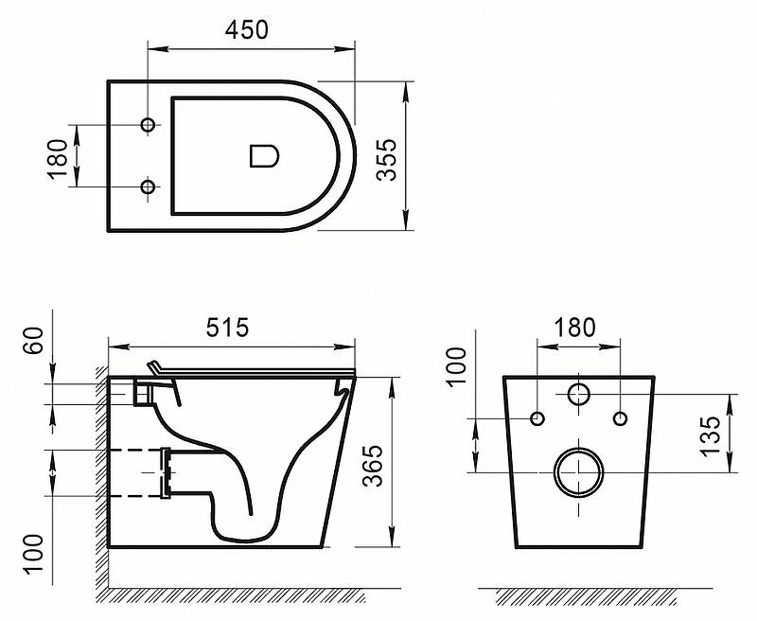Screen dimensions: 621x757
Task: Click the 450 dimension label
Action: pos(246,28)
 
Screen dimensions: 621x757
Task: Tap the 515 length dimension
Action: pos(227,327)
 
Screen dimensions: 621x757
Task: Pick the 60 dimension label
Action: pos(35,339)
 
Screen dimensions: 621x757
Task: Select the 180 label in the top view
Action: pos(59,157)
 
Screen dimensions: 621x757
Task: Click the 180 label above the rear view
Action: pos(575,327)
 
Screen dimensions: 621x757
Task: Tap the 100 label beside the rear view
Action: pos(458,365)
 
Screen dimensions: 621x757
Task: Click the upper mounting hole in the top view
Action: pos(148,125)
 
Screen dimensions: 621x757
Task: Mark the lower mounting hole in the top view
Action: pos(148,187)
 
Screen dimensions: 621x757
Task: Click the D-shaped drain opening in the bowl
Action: pos(264,155)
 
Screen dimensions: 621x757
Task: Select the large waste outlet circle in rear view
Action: pos(578,470)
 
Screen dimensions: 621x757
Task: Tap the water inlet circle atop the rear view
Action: pos(578,394)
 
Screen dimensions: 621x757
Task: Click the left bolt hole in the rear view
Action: pos(537,418)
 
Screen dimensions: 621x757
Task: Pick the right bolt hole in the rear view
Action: pos(620,418)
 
